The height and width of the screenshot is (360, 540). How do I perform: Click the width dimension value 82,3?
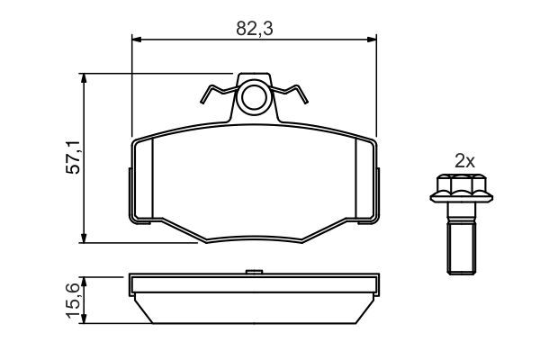255,28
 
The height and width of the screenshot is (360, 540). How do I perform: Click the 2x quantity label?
463,162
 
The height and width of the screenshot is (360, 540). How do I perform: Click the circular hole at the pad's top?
254,96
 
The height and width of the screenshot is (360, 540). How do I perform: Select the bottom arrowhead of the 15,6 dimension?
85,323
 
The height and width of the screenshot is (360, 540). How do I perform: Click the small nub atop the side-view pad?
254,270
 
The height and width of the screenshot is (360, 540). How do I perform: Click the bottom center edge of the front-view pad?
254,241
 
